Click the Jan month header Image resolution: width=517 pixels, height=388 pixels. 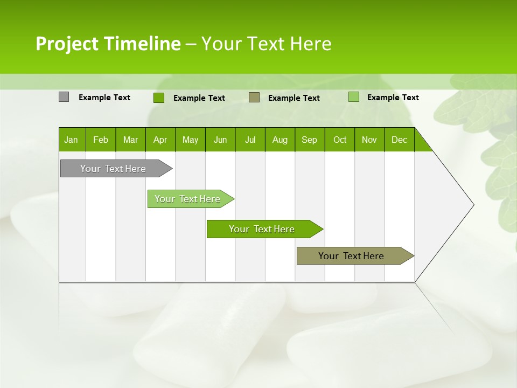coord(71,140)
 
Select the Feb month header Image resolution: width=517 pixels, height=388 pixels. coord(101,140)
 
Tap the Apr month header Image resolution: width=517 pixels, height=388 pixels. coord(160,140)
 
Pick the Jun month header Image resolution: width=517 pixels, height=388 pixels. coord(220,140)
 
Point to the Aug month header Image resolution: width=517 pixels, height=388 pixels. coord(280,140)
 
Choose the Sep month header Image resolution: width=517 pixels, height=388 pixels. coord(309,140)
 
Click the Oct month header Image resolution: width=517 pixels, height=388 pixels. coord(340,140)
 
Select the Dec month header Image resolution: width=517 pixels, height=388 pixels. coord(399,140)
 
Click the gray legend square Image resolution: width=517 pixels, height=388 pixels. coord(64,97)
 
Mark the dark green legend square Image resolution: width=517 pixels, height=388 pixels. coord(158,98)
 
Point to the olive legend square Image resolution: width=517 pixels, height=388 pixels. coord(254,98)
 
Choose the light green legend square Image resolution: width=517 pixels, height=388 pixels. coord(353,97)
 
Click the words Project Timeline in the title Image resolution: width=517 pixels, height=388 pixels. coord(108,44)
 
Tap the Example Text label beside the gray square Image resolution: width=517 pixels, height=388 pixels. coord(104,98)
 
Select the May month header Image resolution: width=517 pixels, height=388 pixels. coord(190,140)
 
